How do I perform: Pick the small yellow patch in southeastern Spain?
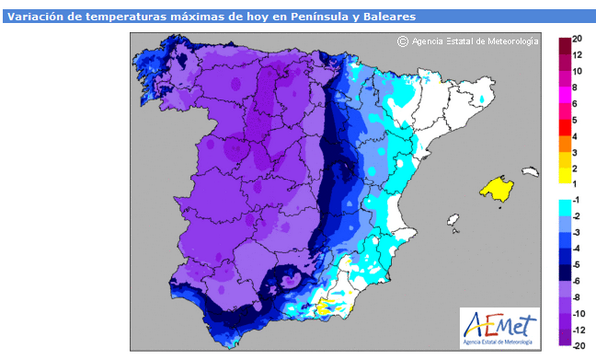325,311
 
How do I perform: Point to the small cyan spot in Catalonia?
484,100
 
